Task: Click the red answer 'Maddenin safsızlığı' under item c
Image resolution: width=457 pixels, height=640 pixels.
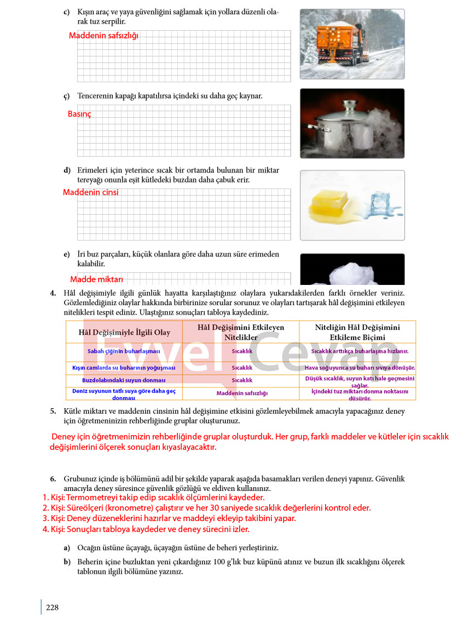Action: tap(103, 36)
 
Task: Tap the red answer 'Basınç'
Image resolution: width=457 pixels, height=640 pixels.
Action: tap(79, 114)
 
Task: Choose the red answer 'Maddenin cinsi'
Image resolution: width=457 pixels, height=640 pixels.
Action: tap(90, 192)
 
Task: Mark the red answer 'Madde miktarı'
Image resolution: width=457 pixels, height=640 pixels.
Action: tap(97, 279)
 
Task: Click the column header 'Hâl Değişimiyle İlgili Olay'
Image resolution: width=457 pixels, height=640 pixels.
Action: tap(124, 332)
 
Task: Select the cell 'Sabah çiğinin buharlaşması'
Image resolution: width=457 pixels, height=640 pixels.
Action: tap(124, 351)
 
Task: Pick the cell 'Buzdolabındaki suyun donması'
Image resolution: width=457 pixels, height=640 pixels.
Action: tap(124, 380)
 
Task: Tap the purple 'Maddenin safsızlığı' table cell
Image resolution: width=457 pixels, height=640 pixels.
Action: tap(242, 393)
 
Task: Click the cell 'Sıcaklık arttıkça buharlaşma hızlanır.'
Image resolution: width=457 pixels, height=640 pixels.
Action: tap(360, 351)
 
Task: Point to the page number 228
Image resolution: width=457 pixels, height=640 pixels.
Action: tap(52, 607)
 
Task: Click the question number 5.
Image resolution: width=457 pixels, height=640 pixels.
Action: tap(53, 411)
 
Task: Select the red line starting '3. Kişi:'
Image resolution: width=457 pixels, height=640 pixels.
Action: tap(169, 518)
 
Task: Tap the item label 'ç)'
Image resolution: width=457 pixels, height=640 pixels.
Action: tap(66, 96)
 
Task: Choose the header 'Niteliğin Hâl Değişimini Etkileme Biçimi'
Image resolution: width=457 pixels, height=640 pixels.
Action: tap(357, 332)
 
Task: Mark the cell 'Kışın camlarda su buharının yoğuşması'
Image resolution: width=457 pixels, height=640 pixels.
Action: tap(124, 368)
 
